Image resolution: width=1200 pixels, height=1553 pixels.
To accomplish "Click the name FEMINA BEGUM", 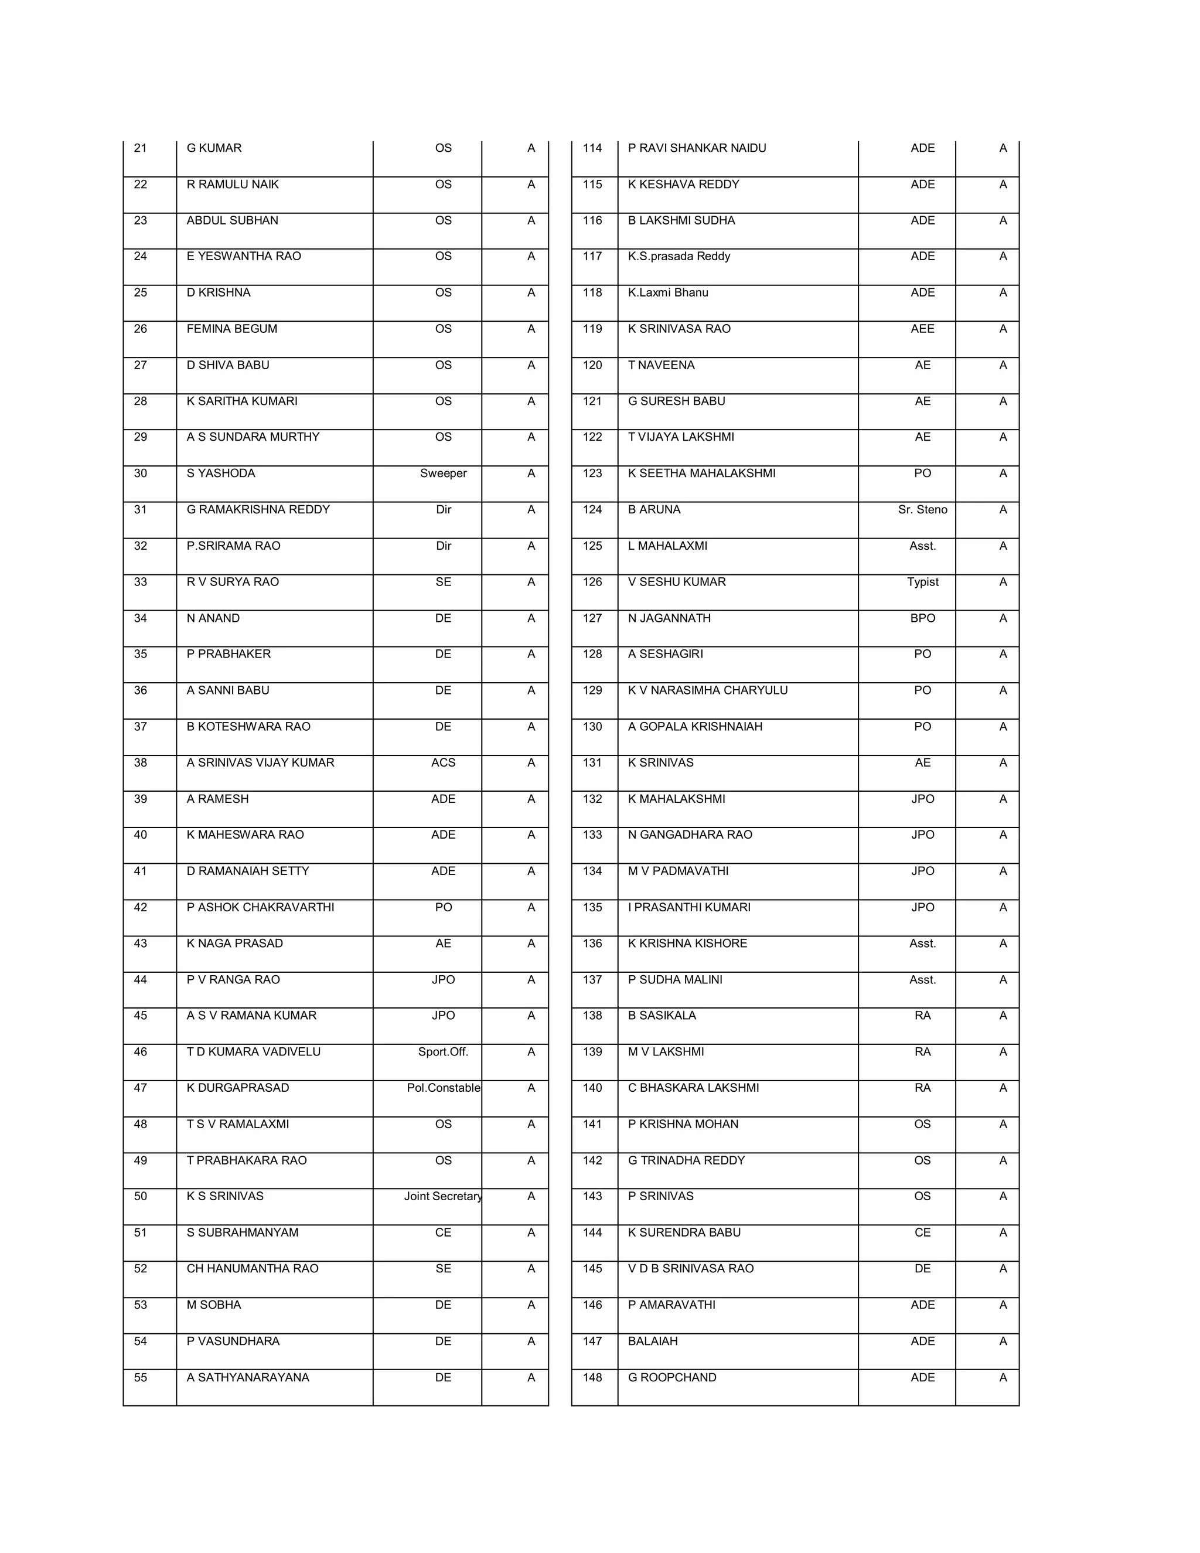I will tap(232, 329).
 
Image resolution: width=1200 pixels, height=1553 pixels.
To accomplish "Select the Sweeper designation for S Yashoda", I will tap(443, 473).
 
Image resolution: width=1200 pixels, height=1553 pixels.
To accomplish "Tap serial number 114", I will tap(592, 148).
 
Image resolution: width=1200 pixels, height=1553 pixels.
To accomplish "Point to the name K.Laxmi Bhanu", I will tap(667, 292).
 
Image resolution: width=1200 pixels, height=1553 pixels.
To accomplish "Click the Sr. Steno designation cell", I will tap(922, 509).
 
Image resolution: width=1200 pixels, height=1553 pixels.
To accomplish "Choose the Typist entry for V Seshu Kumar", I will tap(922, 582).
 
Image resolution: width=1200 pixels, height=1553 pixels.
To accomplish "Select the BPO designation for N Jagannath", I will tap(922, 618).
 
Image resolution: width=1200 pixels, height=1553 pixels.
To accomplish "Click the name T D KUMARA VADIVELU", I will tap(253, 1052).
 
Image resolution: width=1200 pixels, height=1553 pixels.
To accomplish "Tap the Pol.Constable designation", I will tap(443, 1088).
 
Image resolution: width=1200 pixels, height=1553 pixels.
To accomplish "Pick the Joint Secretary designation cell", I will tap(443, 1196).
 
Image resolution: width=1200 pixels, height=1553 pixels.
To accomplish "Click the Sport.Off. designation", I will tap(443, 1052).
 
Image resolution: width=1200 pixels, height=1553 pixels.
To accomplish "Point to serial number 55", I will tap(141, 1377).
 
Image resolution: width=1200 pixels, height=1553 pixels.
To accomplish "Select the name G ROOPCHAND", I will tap(672, 1377).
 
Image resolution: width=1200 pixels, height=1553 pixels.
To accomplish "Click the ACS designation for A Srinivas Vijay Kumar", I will tap(443, 762).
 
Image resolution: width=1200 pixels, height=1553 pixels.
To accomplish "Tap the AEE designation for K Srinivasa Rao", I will tap(922, 329).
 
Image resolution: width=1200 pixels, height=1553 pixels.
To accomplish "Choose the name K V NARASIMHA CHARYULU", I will tap(707, 690).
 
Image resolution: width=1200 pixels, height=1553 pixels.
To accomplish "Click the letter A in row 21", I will tap(531, 148).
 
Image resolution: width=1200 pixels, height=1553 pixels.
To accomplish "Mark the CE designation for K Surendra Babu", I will tap(922, 1232).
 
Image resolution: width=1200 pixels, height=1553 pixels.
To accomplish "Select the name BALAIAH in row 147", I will tap(653, 1341).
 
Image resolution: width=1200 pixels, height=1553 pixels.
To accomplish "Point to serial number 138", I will tap(592, 1016).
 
